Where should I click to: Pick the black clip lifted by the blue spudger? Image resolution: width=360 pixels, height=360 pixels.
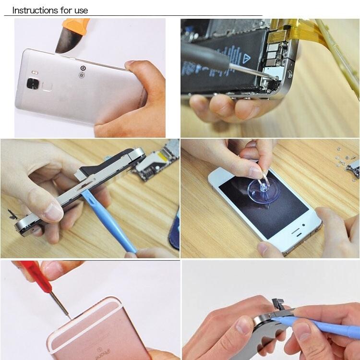(x=281, y=305)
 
